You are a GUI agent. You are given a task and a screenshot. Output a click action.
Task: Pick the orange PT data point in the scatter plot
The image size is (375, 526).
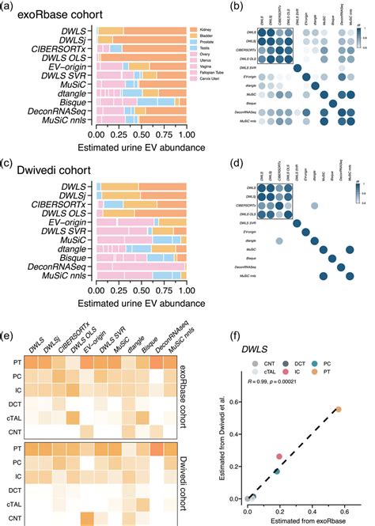[x=338, y=409]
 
